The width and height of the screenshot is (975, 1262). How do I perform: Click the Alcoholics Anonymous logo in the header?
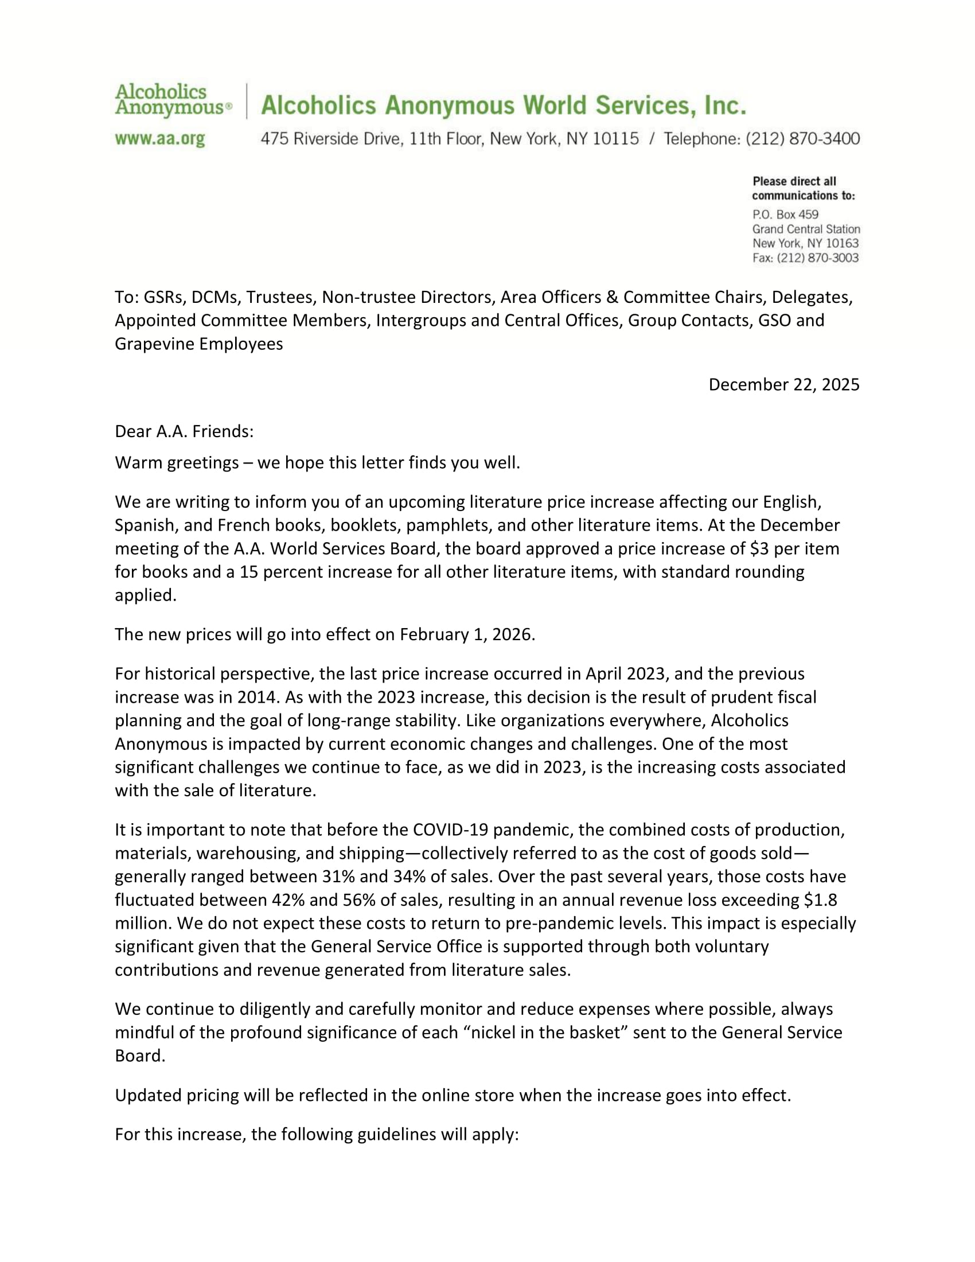coord(173,100)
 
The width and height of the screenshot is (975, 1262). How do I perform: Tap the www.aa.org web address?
coord(160,139)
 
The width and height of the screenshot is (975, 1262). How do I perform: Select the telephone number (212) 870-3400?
coord(802,139)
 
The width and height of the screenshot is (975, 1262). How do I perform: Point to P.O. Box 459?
coord(785,215)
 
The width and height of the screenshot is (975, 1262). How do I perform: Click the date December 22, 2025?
coord(783,385)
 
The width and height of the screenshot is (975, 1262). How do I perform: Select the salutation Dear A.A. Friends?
coord(184,431)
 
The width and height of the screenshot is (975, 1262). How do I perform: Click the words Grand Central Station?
coord(806,229)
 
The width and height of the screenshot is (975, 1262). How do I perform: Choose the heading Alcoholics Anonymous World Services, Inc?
coord(503,105)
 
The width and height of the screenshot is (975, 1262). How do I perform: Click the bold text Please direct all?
coord(794,181)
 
